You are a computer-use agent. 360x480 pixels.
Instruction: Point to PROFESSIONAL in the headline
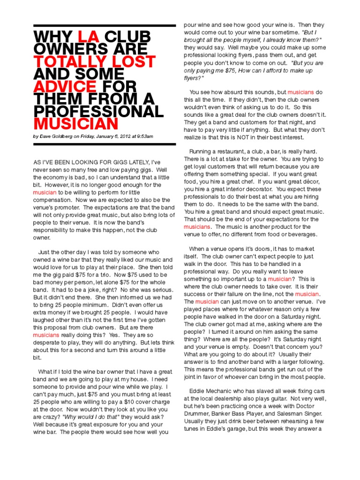(98, 112)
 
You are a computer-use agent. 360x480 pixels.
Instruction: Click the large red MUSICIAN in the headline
(75, 124)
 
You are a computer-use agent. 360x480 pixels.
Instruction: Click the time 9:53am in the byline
(144, 136)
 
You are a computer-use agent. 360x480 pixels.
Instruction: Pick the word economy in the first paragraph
(55, 178)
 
